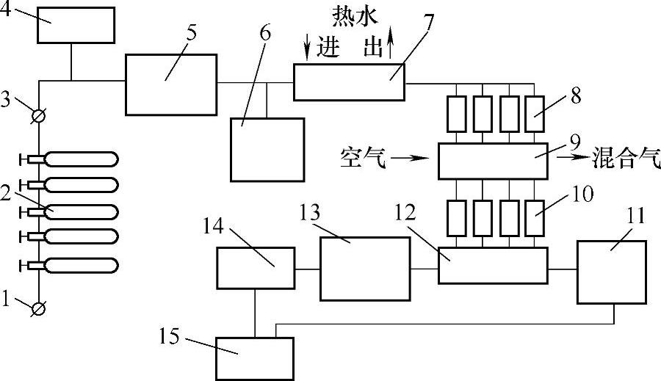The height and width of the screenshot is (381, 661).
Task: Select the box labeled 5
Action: [171, 84]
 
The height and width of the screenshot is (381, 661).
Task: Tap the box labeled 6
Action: [267, 149]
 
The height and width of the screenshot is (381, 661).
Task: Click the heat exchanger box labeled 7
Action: [349, 81]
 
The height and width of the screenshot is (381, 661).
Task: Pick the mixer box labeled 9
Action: [493, 161]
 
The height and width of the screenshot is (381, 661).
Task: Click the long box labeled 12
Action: [493, 265]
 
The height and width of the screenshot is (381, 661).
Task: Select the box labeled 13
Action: [364, 268]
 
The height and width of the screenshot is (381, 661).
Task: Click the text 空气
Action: [363, 157]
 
